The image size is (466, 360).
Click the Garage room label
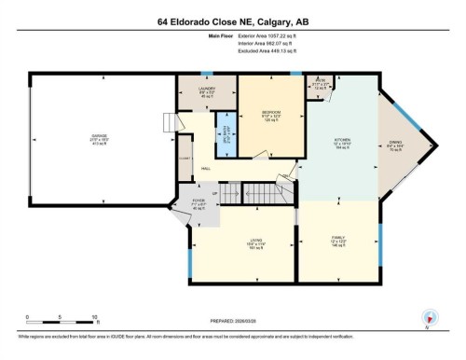pyautogui.click(x=98, y=139)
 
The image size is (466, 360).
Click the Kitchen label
pyautogui.click(x=341, y=145)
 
